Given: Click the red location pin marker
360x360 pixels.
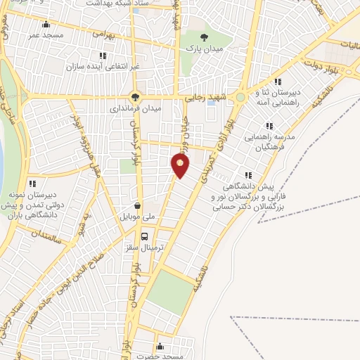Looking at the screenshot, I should tap(181, 165).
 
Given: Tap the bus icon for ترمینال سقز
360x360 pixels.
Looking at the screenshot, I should tap(145, 236).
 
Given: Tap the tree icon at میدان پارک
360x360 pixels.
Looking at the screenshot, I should tap(204, 37).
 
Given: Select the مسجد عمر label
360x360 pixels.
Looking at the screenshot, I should tap(46, 34).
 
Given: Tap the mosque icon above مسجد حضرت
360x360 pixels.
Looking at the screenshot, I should tap(160, 346).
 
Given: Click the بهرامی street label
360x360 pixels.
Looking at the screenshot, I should tap(103, 33).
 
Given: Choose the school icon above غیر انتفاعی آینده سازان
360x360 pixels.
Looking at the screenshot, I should tap(103, 56).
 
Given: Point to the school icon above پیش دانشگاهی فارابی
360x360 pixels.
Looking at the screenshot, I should tap(247, 175).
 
